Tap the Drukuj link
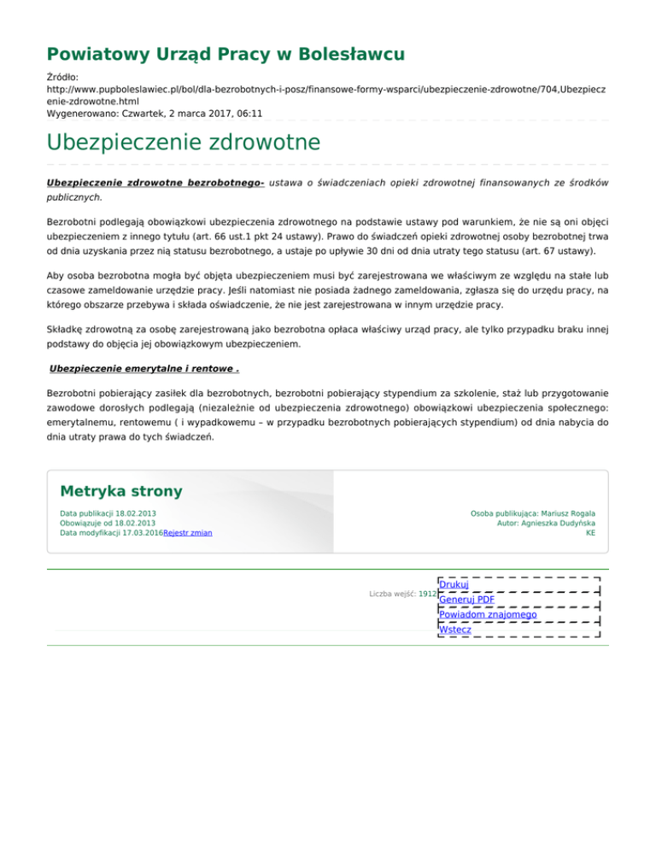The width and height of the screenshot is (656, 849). coord(454,584)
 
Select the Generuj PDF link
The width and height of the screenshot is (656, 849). coord(466,599)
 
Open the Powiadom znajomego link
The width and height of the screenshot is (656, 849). coord(487,614)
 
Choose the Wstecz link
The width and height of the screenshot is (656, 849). coord(455,629)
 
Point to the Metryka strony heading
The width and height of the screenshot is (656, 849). coord(120,491)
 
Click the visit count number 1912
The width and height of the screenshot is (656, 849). coord(428,593)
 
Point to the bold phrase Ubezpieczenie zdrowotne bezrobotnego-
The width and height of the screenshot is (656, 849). coord(155,183)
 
